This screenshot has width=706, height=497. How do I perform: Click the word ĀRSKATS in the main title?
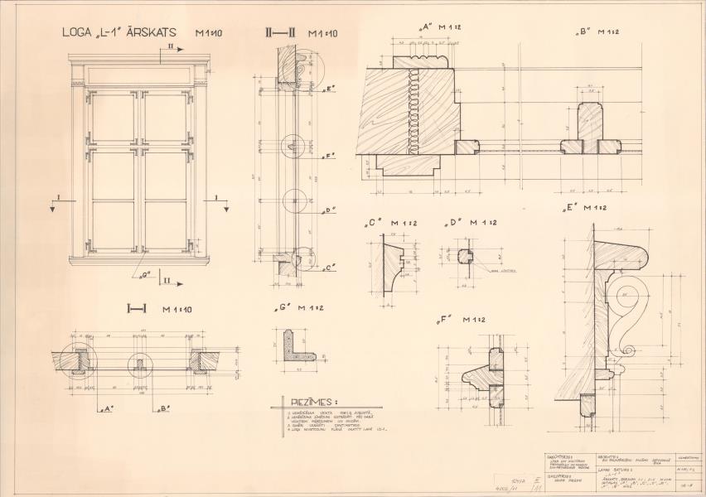[162, 33]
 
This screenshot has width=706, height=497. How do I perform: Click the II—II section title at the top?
[280, 33]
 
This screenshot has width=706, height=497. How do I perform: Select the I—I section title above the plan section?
[137, 309]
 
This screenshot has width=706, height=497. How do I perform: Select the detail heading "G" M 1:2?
[297, 308]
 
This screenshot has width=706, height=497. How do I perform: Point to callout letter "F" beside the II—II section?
[330, 156]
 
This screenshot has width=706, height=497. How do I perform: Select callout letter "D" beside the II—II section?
[330, 210]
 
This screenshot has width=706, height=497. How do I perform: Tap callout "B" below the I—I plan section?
[162, 408]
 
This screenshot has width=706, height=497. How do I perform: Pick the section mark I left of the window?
[52, 199]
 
